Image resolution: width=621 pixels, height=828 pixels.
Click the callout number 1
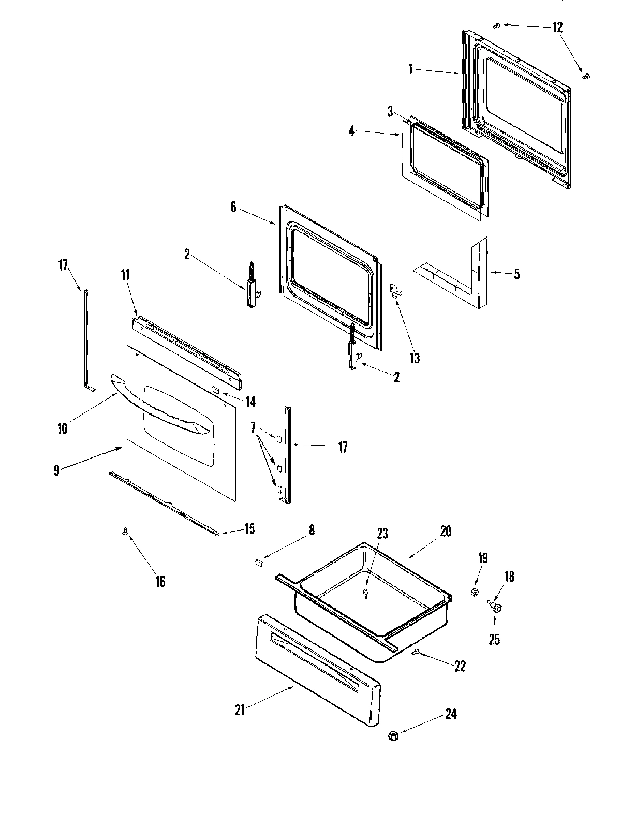point(410,69)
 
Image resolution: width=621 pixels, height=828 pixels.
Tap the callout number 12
point(557,27)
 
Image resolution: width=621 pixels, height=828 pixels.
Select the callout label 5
point(516,274)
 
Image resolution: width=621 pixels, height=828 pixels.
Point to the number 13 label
point(414,358)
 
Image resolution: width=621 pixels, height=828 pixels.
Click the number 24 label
point(451,714)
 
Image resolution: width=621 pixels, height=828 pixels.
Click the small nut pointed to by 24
point(392,735)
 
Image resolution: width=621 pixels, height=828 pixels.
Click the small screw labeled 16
point(125,532)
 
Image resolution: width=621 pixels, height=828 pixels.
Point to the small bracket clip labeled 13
point(395,290)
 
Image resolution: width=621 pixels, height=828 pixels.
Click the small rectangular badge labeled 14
point(214,388)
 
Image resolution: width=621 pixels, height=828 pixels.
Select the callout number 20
point(446,531)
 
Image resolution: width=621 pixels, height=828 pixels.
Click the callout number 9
point(56,470)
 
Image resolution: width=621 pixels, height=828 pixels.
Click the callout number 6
point(233,208)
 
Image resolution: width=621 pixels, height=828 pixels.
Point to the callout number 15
point(249,529)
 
